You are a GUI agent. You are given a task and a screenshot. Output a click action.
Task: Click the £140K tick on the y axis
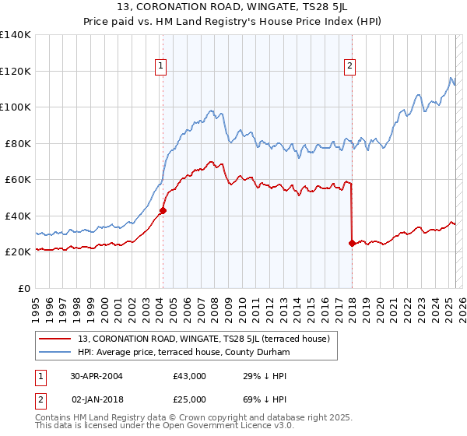click(x=16, y=35)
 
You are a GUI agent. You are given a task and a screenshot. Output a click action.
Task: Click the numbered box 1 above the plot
click(x=160, y=67)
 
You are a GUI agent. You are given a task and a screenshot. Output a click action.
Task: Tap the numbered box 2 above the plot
click(x=350, y=67)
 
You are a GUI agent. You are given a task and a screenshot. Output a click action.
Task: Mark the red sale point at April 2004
click(x=163, y=210)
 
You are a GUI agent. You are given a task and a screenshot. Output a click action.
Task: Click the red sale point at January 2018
click(x=352, y=243)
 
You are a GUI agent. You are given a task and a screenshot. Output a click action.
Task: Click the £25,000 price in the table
click(x=189, y=399)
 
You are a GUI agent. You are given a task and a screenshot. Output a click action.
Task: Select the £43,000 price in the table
click(x=189, y=376)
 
